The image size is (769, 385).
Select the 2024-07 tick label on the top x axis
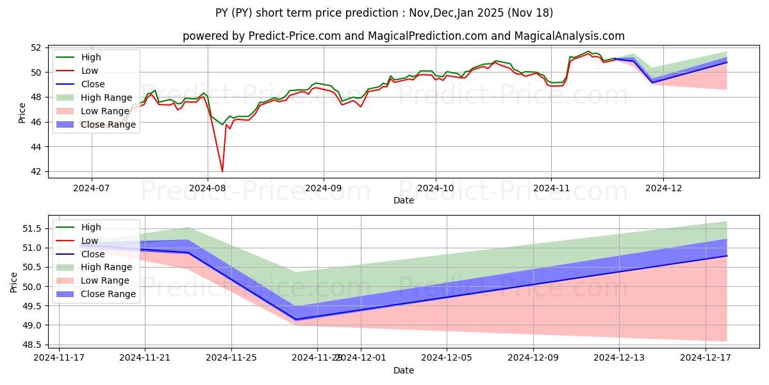pos(91,188)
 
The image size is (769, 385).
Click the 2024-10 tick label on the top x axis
pos(436,188)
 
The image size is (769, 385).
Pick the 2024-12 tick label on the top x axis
pos(663,188)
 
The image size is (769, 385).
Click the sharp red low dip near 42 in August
pos(222,171)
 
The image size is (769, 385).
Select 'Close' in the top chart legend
pos(93,84)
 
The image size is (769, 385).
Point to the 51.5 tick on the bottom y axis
pos(33,228)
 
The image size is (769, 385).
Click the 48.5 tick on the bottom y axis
pos(33,345)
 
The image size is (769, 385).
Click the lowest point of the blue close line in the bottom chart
pos(296,320)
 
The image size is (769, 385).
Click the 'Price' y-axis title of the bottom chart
pos(14,282)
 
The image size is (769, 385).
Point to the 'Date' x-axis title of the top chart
pos(404,200)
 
